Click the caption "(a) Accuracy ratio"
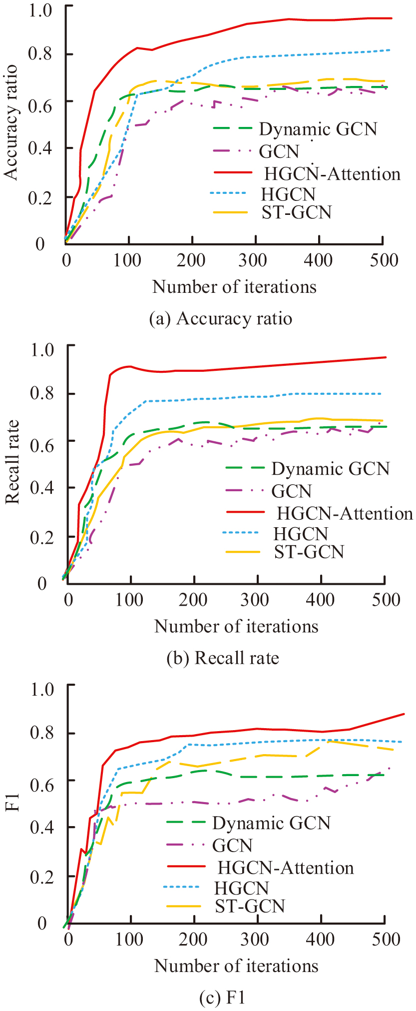pos(220,319)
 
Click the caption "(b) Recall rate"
pos(222,658)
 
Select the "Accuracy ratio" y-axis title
pos(10,122)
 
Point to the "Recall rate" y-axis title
pos(12,462)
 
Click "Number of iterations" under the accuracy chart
pos(234,287)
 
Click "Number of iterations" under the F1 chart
pos(236,966)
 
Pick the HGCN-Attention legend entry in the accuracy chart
pos(332,174)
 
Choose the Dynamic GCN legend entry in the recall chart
pos(330,469)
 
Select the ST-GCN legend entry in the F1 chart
pos(250,906)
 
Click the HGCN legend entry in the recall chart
pos(301,534)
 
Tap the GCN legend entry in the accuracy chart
pos(279,151)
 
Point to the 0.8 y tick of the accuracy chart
pos(40,53)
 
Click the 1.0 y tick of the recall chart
pos(42,349)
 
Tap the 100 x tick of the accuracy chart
pos(128,260)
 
